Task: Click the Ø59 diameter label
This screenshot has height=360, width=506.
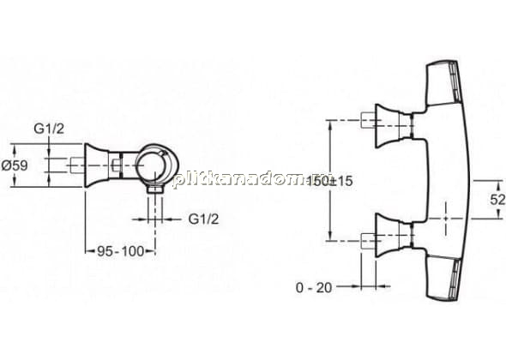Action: coord(15,165)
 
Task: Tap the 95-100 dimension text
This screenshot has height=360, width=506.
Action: coord(121,251)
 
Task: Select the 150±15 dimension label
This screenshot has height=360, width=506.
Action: coord(330,181)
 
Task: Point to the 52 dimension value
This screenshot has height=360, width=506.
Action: coord(497,200)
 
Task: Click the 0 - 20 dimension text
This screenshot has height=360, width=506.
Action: coord(314,287)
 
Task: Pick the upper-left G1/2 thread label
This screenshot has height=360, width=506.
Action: coord(49,129)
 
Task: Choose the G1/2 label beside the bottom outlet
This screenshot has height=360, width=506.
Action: coord(203,219)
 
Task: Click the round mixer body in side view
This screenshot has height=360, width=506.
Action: coord(156,165)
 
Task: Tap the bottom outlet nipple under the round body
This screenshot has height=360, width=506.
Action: coord(155,189)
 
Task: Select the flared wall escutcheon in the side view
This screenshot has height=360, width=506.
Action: coord(97,165)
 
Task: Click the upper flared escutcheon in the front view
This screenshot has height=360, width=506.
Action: coord(388,126)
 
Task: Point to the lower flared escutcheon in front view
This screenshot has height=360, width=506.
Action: coord(388,235)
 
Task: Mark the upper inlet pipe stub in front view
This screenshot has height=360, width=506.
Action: coord(368,120)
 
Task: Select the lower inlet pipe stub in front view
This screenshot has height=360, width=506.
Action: coord(368,241)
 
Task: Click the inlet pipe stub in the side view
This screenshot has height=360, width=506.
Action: coord(78,165)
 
